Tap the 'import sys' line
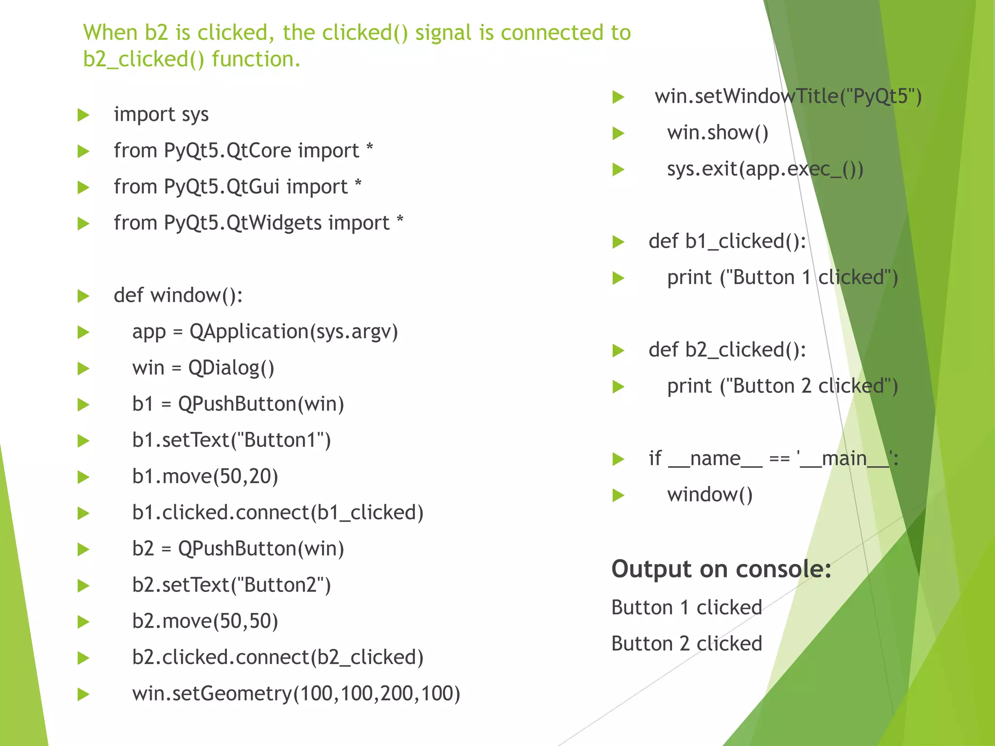tap(161, 115)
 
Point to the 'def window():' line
tap(178, 295)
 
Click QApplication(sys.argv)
tap(293, 332)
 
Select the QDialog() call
tap(231, 368)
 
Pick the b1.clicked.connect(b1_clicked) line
tap(277, 513)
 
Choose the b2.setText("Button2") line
tap(231, 585)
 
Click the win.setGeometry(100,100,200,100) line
tap(296, 694)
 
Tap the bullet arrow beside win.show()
tap(618, 133)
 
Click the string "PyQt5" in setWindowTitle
tap(880, 97)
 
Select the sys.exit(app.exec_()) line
tap(765, 170)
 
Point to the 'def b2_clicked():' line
tap(727, 350)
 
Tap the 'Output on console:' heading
tap(721, 569)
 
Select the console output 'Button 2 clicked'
tap(686, 644)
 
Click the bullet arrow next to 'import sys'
tap(84, 116)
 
